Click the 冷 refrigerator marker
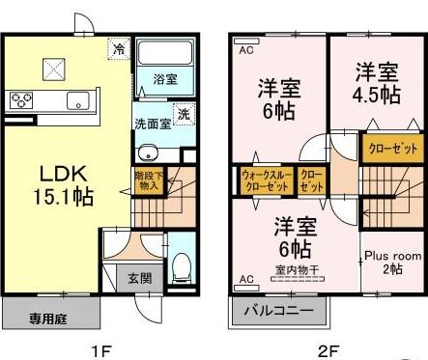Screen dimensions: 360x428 point(119,48)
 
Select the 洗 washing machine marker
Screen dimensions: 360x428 point(183,114)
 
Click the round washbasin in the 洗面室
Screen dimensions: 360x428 point(147,152)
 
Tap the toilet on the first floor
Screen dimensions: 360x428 point(181,268)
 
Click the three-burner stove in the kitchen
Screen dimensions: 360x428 point(21,99)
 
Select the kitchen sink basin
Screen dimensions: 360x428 point(77,99)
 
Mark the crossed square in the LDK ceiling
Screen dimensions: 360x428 point(52,69)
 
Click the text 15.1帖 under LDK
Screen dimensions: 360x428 point(65,197)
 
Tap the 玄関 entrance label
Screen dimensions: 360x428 point(139,279)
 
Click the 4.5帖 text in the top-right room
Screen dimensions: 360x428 point(376,95)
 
